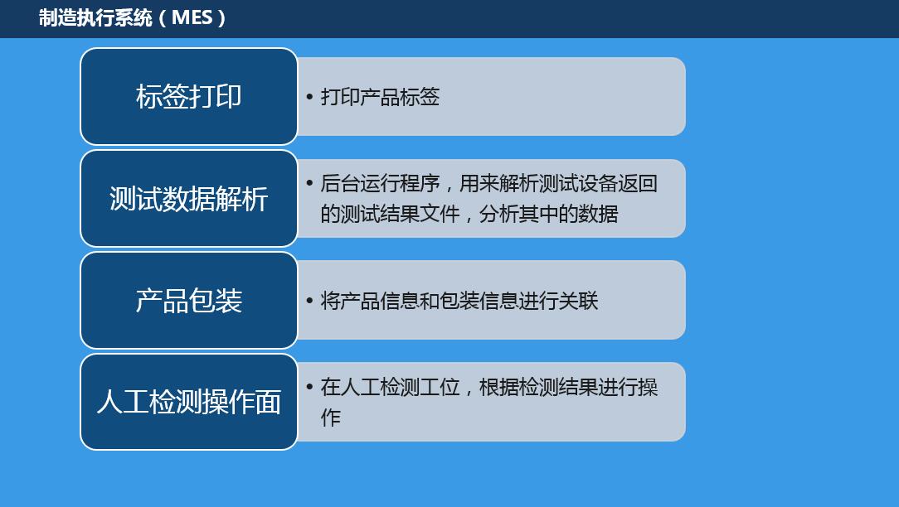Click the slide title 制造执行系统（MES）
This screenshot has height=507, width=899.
[x=132, y=17]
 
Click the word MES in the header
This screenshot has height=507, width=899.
[x=192, y=17]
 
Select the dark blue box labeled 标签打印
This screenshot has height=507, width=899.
[x=189, y=96]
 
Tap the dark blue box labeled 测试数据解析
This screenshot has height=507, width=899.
[x=189, y=199]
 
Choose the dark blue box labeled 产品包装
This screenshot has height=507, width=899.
[x=189, y=300]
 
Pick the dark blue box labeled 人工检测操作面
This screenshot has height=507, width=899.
[x=189, y=402]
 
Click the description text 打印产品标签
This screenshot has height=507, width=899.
[x=380, y=97]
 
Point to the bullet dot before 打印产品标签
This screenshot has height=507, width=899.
[x=309, y=97]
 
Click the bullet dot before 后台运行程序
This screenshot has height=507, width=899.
[x=309, y=183]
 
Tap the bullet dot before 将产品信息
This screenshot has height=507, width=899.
[x=309, y=301]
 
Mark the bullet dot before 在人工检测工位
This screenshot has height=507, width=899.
[x=309, y=387]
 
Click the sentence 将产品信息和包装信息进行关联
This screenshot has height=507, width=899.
[x=459, y=301]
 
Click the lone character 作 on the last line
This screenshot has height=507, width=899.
[x=330, y=418]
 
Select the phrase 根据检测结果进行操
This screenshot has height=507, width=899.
[x=568, y=387]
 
